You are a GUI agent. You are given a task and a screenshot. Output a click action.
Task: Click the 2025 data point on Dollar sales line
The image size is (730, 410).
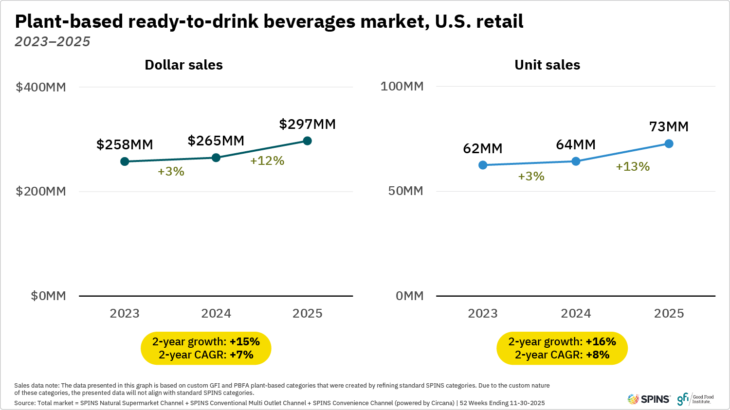click(x=307, y=141)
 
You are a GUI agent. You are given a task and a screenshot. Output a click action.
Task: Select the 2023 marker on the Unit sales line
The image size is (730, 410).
click(x=483, y=165)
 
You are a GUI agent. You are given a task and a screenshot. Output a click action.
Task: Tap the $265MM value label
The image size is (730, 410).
click(x=216, y=141)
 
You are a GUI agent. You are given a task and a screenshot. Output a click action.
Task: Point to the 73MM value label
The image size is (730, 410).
click(x=669, y=127)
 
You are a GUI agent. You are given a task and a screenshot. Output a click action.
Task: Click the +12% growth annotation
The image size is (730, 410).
click(x=267, y=161)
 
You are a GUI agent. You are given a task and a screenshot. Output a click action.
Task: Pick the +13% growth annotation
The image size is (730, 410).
click(x=633, y=167)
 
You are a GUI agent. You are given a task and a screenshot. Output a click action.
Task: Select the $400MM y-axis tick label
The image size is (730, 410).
click(x=41, y=88)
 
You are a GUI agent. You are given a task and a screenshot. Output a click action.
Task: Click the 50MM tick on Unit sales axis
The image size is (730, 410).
click(x=405, y=191)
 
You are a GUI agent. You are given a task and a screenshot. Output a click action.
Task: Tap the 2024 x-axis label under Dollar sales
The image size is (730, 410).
click(x=216, y=314)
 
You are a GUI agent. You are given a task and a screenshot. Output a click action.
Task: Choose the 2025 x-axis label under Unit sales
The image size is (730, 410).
click(x=669, y=314)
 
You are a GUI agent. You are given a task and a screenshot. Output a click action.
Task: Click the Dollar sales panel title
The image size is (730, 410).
click(x=183, y=65)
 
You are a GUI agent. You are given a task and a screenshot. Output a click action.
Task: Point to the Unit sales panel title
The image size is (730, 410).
click(x=547, y=65)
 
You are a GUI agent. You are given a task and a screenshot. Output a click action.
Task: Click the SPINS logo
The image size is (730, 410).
click(x=649, y=399)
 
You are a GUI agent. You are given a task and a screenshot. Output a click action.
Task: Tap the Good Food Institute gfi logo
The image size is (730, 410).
click(x=695, y=399)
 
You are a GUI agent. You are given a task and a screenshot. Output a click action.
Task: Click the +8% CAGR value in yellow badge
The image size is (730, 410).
click(x=598, y=355)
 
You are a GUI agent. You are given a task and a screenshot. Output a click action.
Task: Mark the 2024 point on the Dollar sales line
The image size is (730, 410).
click(x=216, y=158)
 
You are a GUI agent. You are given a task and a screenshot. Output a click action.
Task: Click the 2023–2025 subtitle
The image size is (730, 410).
click(x=53, y=42)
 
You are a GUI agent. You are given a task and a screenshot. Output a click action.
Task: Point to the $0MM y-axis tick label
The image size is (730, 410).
click(x=48, y=296)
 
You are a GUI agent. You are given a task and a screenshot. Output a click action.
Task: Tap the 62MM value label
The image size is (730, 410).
click(x=482, y=149)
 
